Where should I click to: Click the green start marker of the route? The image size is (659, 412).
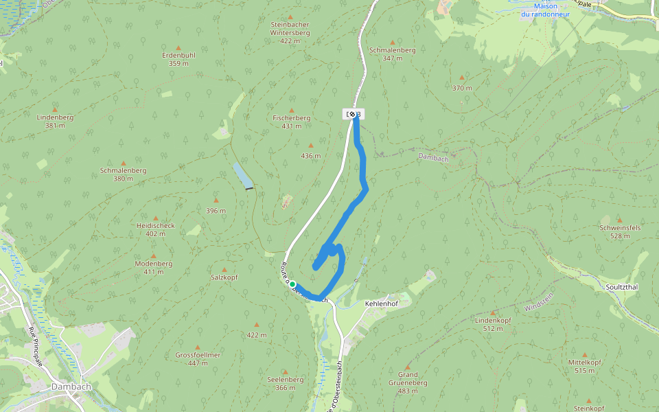point(292,284)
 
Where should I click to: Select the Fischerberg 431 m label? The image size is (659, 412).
point(292,122)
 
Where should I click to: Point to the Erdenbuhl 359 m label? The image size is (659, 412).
point(178,59)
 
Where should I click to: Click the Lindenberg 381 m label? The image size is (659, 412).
point(55,121)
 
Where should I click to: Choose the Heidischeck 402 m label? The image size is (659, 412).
point(156,229)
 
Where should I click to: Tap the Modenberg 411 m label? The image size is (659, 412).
point(154,267)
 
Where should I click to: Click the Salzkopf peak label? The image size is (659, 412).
point(224,277)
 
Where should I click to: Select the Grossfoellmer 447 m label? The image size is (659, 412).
point(198,358)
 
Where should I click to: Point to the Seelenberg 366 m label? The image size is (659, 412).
point(286,382)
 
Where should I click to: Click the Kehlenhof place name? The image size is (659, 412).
point(381,302)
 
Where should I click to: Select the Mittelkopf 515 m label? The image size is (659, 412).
point(585,366)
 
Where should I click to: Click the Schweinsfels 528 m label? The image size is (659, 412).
point(620,231)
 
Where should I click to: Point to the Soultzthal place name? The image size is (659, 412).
point(622,286)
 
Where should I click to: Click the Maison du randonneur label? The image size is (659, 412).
point(546,10)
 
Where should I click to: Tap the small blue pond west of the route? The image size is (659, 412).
point(242,176)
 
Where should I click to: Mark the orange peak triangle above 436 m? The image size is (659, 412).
point(311,146)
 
